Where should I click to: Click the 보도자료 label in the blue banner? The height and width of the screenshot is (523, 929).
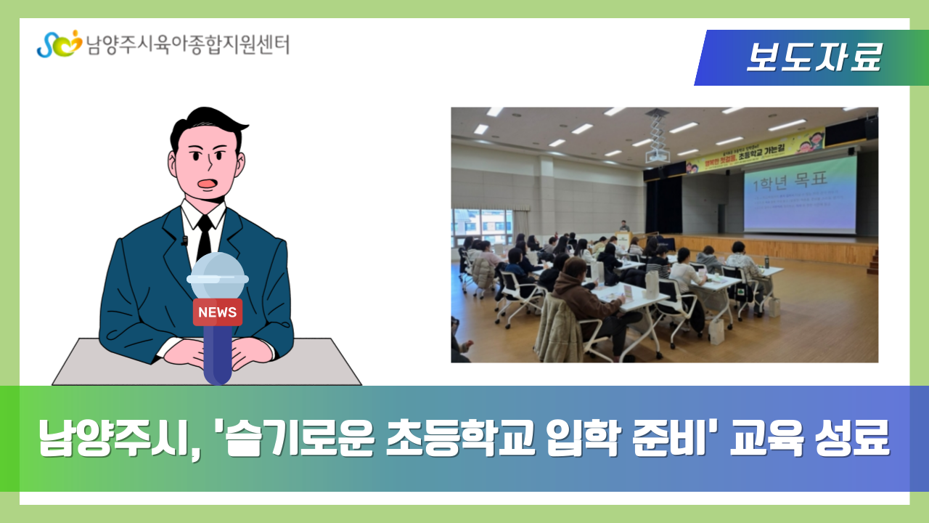813,58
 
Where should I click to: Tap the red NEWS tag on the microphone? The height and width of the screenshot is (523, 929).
217,312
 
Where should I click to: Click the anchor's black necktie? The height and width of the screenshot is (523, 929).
205,236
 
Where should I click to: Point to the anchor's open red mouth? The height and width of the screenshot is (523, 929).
208,183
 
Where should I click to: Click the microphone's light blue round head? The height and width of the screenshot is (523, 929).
218,275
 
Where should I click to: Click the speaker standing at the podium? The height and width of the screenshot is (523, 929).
624,228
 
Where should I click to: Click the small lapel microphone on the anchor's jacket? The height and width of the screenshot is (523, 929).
184,240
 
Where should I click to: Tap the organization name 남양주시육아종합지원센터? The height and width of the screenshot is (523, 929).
187,44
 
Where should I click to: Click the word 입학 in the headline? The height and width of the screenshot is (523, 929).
578,438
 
